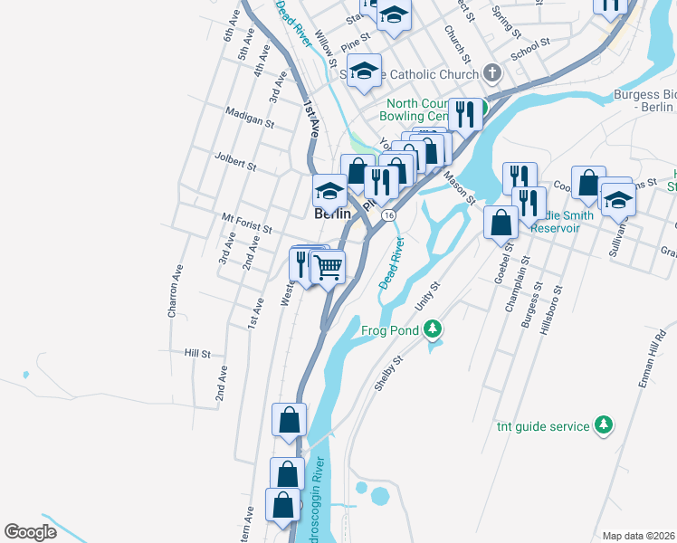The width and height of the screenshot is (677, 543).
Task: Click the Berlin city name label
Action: tap(331, 214)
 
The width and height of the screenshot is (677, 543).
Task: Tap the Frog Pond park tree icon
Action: tap(434, 329)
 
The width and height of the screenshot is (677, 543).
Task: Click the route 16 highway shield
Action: tap(388, 215)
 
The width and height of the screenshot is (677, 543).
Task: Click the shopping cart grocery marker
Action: tap(328, 266)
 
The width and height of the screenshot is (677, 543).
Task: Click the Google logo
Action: tap(31, 532)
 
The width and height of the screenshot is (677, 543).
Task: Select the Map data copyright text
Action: tap(637, 536)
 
